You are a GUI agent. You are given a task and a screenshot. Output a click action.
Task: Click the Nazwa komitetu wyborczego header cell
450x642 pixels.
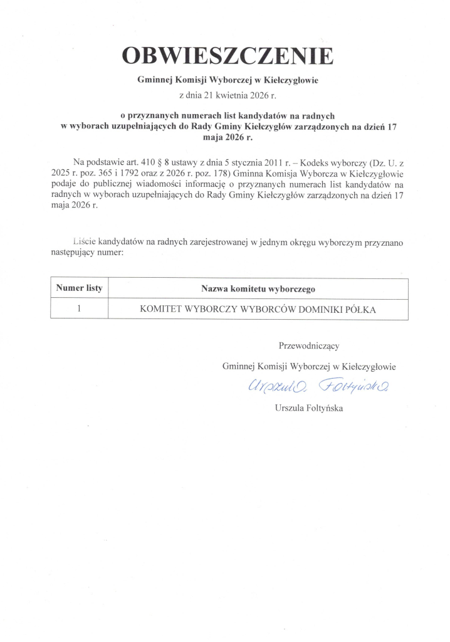pos(258,289)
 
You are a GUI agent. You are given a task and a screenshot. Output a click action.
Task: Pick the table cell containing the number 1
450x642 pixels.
pos(79,308)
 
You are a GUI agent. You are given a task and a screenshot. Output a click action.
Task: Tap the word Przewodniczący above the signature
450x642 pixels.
pos(309,345)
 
